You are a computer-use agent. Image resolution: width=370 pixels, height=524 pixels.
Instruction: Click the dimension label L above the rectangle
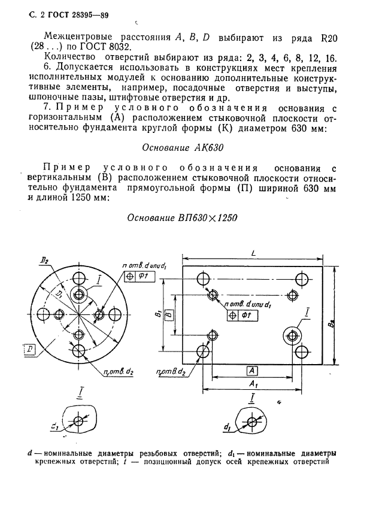[254, 254]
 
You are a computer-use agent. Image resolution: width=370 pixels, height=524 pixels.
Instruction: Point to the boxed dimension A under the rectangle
[251, 369]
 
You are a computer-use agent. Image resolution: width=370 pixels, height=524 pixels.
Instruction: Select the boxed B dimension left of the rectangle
[169, 313]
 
